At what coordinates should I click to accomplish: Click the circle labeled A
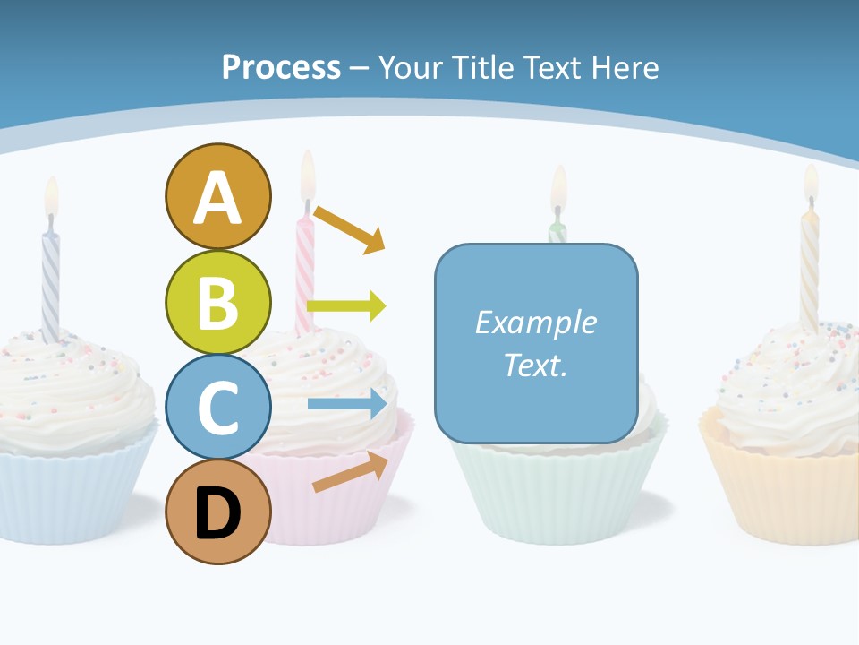(217, 196)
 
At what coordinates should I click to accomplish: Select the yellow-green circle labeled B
(217, 302)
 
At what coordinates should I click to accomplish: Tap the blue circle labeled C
(217, 407)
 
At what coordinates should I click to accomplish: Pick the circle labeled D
(217, 512)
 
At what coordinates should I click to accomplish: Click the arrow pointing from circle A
(349, 229)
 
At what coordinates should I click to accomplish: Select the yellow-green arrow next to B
(346, 306)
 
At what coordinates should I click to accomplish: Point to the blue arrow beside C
(347, 404)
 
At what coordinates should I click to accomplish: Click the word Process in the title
(281, 67)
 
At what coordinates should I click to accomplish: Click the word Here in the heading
(623, 67)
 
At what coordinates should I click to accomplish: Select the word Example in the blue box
(535, 322)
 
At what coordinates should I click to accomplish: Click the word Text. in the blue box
(535, 365)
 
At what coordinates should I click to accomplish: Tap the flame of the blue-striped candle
(52, 195)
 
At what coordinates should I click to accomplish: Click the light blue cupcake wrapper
(63, 497)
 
